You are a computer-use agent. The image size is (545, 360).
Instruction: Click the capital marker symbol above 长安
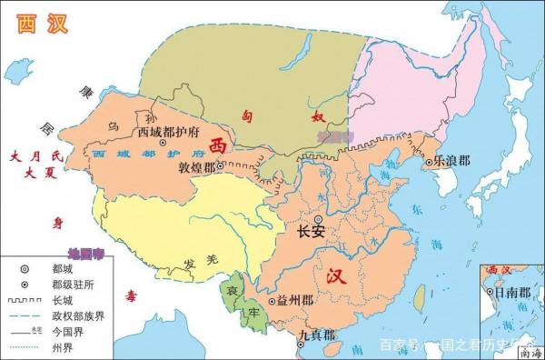318,219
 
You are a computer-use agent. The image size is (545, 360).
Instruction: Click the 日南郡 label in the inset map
512,295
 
